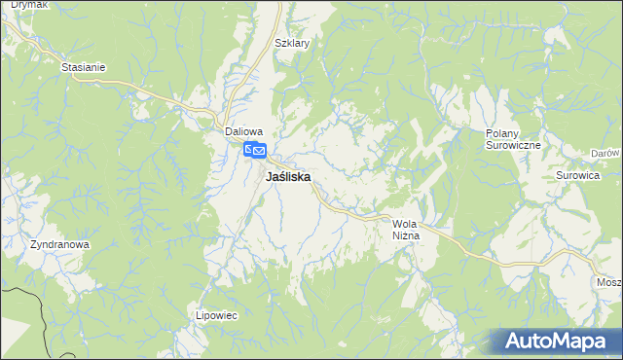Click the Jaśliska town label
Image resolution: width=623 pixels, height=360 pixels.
pyautogui.click(x=288, y=178)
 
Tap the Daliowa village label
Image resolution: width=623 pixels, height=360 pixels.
pyautogui.click(x=244, y=130)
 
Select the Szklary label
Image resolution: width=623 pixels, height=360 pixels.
pyautogui.click(x=292, y=44)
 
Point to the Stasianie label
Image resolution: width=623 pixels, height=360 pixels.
pyautogui.click(x=83, y=67)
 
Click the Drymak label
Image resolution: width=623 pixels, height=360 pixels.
pyautogui.click(x=18, y=5)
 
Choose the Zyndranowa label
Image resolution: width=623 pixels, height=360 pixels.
pyautogui.click(x=59, y=244)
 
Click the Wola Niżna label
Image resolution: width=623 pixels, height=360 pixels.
pyautogui.click(x=405, y=230)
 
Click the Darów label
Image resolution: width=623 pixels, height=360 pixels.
pyautogui.click(x=605, y=154)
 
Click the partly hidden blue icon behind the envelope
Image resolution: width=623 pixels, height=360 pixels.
pyautogui.click(x=248, y=148)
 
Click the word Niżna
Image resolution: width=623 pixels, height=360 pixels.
pyautogui.click(x=405, y=236)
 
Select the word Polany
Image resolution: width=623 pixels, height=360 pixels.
pyautogui.click(x=505, y=132)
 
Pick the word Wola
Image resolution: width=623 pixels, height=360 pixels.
pyautogui.click(x=404, y=224)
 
